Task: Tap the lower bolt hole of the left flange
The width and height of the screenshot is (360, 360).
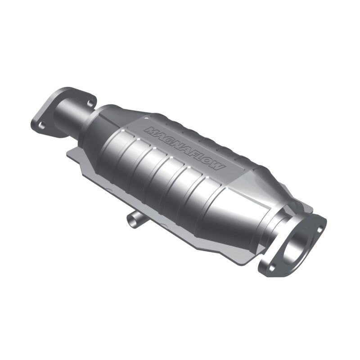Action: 42,126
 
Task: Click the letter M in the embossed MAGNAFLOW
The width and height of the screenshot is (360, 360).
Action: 149,130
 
